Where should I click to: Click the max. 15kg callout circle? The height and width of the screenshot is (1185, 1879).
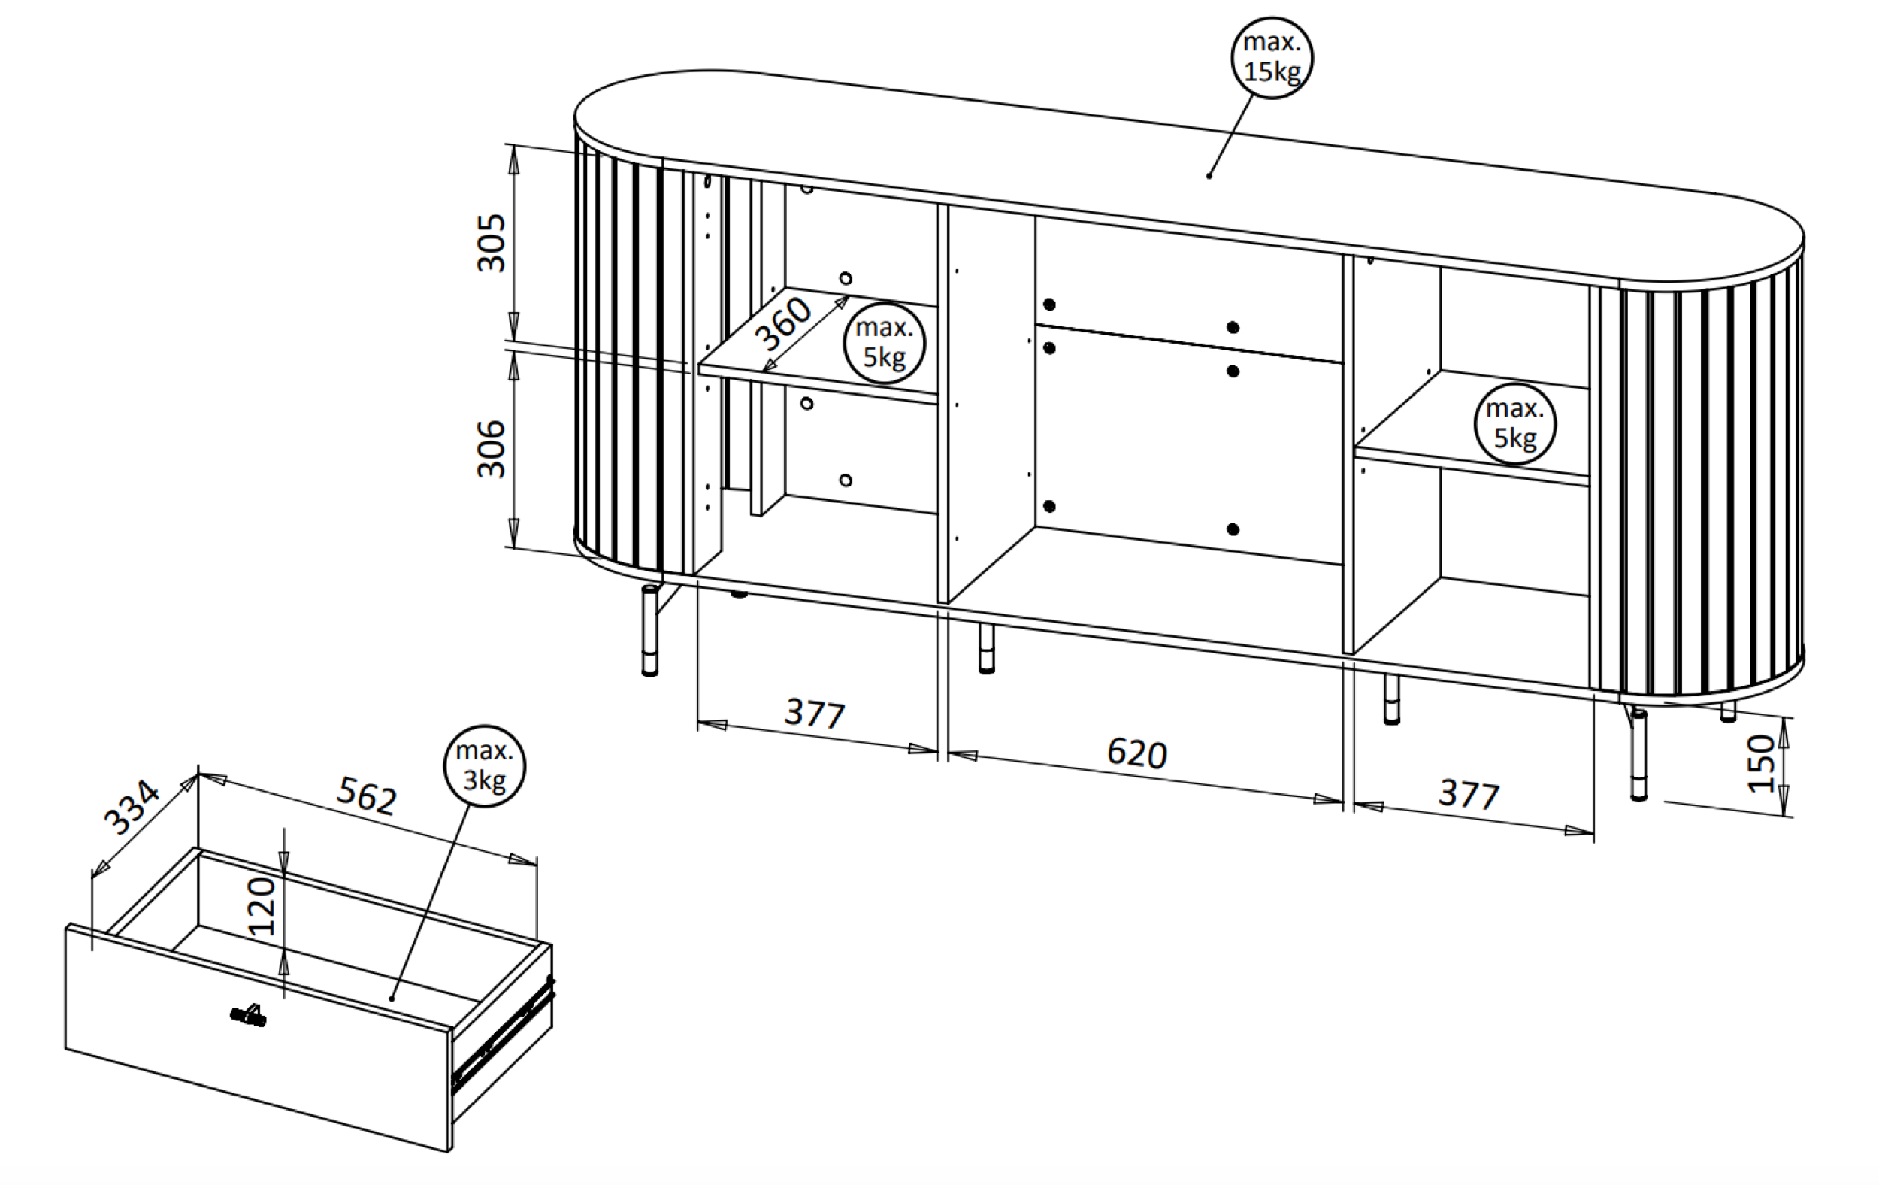[1272, 58]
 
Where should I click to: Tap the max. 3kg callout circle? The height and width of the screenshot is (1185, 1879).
[485, 765]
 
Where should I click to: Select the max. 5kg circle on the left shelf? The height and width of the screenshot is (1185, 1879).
[884, 343]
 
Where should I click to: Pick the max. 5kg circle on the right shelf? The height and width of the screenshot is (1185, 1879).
[1514, 424]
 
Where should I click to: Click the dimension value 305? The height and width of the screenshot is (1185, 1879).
[492, 243]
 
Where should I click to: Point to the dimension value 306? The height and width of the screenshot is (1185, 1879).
[492, 449]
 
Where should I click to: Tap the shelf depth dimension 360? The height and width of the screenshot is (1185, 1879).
[784, 324]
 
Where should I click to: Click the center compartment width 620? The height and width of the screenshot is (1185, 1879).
[1137, 753]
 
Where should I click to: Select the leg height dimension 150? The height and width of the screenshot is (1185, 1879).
[1761, 763]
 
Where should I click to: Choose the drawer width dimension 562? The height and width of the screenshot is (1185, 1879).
[367, 796]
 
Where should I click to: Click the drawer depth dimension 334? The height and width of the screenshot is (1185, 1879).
[132, 808]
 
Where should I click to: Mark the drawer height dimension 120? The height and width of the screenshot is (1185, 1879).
[262, 907]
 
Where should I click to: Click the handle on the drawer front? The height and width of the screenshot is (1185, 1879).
[249, 1015]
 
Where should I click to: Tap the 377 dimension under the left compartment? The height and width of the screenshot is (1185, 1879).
[815, 713]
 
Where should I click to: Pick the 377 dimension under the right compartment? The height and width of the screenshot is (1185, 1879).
[1469, 794]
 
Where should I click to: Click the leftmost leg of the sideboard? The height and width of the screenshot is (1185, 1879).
[649, 631]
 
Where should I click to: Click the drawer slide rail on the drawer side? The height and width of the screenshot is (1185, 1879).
[504, 1035]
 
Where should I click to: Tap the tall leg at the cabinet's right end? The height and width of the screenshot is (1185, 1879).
[1638, 754]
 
